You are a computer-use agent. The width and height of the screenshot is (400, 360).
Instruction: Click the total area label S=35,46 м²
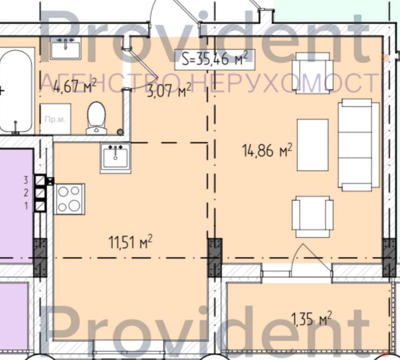pyautogui.click(x=214, y=59)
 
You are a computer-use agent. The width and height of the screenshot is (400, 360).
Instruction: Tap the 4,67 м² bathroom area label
pyautogui.click(x=69, y=86)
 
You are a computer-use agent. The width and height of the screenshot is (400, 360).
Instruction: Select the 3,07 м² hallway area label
pyautogui.click(x=168, y=91)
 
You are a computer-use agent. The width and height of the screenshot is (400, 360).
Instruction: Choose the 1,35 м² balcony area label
pyautogui.click(x=312, y=319)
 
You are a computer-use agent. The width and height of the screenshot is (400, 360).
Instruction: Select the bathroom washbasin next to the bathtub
pyautogui.click(x=66, y=48)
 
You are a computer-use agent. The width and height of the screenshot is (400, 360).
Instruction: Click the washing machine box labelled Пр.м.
pyautogui.click(x=55, y=119)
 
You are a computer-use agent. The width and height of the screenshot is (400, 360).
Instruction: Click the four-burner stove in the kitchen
pyautogui.click(x=69, y=199)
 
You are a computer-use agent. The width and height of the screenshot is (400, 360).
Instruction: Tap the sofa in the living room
pyautogui.click(x=358, y=145)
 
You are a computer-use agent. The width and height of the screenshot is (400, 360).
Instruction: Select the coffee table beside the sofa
pyautogui.click(x=312, y=145)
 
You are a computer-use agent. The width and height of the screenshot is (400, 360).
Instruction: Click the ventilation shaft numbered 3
pyautogui.click(x=40, y=180)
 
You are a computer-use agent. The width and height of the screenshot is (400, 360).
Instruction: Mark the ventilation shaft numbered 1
pyautogui.click(x=40, y=206)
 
